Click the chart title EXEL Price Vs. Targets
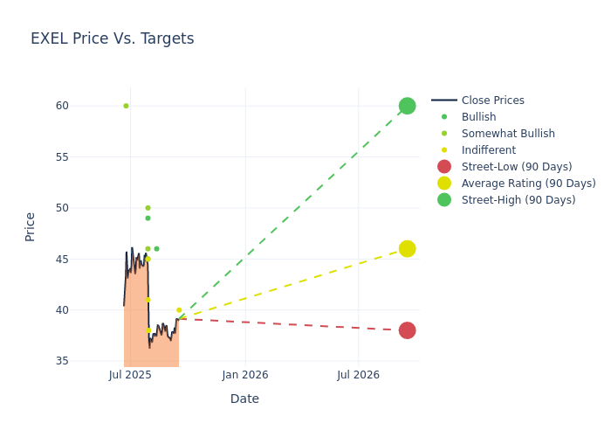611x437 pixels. [x=112, y=38]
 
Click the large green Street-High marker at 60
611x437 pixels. [x=407, y=106]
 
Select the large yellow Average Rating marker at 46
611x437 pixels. [x=407, y=249]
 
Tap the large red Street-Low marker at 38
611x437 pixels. [x=407, y=330]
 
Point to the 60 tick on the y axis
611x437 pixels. [x=62, y=106]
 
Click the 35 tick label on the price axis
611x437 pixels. [x=62, y=361]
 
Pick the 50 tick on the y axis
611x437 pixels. [x=62, y=208]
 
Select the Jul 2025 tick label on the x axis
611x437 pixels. [x=130, y=375]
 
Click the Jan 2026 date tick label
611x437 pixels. [x=245, y=375]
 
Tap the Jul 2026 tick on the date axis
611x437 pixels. [x=358, y=375]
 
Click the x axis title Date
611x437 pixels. [x=244, y=399]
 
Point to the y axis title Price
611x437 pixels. [x=31, y=226]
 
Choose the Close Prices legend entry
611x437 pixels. [x=492, y=101]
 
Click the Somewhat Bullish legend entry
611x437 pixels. [x=508, y=134]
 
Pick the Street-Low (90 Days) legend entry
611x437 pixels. [x=516, y=167]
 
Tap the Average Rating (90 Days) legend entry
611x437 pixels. [x=528, y=184]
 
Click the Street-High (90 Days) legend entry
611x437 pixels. [x=518, y=200]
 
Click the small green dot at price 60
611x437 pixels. [x=126, y=106]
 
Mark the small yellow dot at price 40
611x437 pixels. [x=179, y=310]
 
